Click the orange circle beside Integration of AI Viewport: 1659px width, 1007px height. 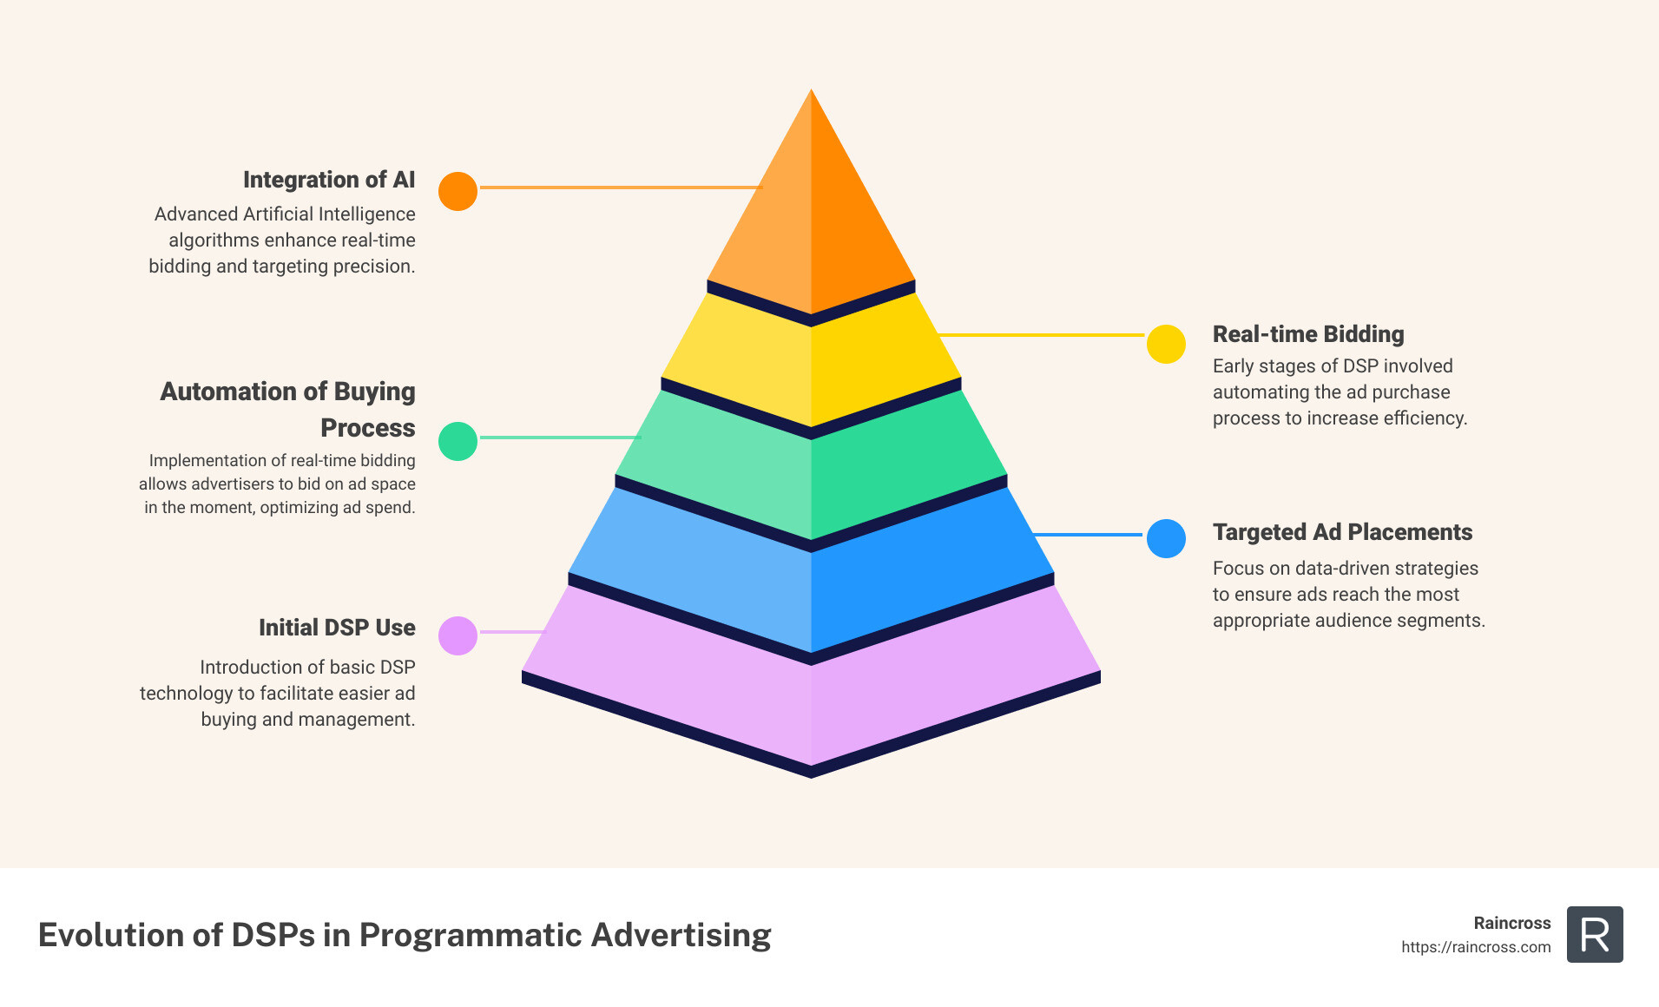pos(458,191)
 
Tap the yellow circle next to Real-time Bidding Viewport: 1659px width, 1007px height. pos(1166,344)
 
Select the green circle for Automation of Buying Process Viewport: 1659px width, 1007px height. pos(458,441)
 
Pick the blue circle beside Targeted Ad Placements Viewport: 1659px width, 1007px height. pos(1166,538)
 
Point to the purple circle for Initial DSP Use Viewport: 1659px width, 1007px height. pos(458,635)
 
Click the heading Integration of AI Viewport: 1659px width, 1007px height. pos(329,180)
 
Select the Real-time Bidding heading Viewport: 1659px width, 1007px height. pos(1307,334)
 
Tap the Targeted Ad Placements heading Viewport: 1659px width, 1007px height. pos(1342,532)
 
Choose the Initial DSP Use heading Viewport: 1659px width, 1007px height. pos(337,628)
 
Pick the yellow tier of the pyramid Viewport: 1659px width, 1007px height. pos(811,365)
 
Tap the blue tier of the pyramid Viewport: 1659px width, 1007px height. pos(811,590)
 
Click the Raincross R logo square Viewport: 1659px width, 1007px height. pos(1595,935)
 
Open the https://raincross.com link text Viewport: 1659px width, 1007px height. pos(1476,947)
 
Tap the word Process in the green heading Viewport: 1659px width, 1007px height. pos(368,428)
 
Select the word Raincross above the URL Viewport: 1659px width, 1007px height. pos(1511,923)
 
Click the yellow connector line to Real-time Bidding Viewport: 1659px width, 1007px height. pos(1042,334)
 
